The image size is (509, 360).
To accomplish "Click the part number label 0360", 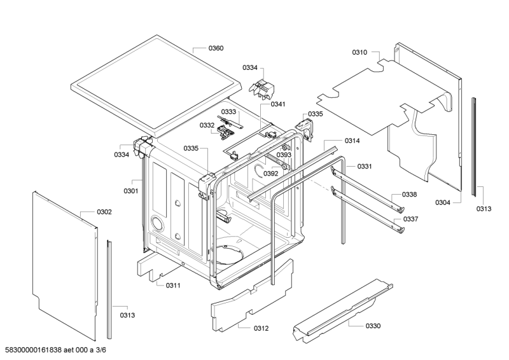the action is [x=216, y=48].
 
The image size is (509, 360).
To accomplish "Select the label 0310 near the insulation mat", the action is [x=359, y=52].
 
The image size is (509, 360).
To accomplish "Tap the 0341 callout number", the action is [x=278, y=104].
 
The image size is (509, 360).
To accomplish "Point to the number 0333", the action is [x=228, y=112].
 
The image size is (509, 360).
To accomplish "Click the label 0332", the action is [x=207, y=125].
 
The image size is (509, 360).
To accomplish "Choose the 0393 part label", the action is [x=284, y=155].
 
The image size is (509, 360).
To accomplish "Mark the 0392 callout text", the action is [x=271, y=174].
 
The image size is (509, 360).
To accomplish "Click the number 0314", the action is [x=352, y=141].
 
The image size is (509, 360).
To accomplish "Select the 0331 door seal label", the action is [x=365, y=166].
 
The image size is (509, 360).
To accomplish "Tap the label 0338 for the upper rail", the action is [x=409, y=194].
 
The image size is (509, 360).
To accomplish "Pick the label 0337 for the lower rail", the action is [x=410, y=219].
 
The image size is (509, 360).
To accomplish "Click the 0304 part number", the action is [x=443, y=202].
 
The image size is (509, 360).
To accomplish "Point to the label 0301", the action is [x=131, y=191].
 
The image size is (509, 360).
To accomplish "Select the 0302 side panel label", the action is [x=104, y=212].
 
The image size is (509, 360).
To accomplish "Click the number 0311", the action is [x=173, y=286].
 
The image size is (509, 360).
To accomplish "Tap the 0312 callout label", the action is [x=261, y=328].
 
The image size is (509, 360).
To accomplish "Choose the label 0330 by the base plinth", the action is [x=373, y=326].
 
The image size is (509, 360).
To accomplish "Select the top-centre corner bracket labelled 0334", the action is [x=261, y=88].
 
